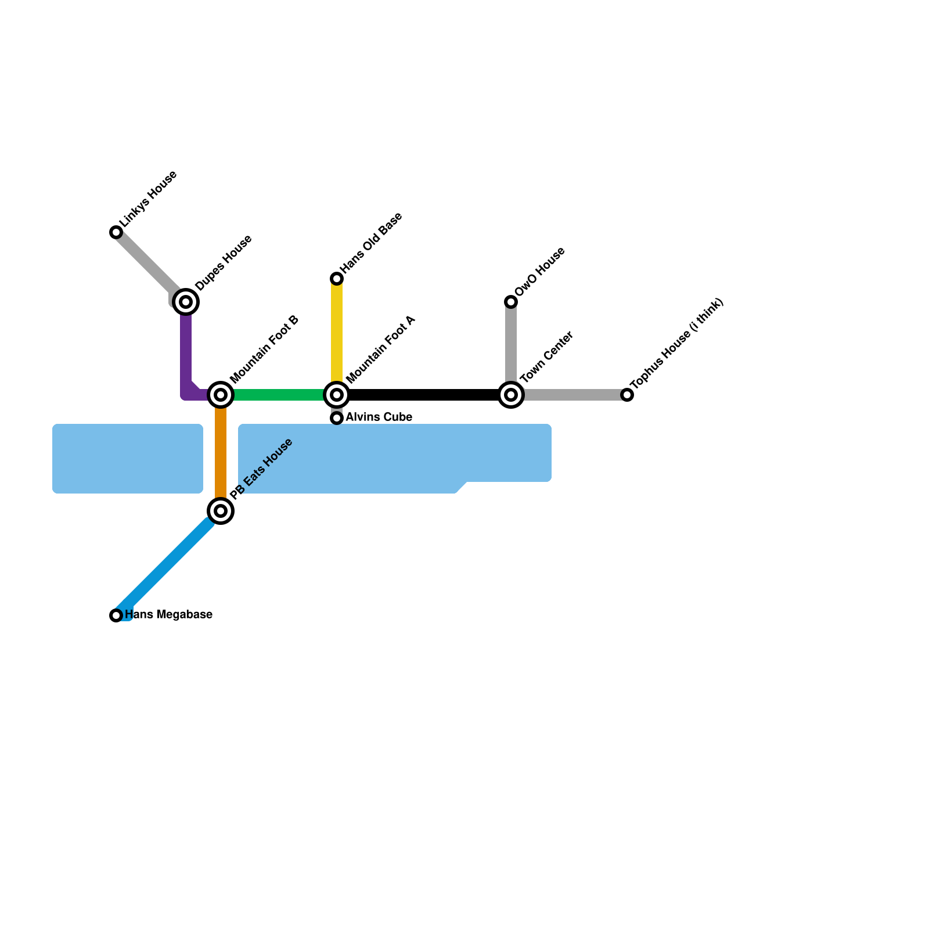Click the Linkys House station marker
[116, 232]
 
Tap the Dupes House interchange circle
[186, 301]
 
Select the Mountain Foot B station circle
[221, 395]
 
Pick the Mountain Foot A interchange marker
[337, 395]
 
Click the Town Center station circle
[511, 395]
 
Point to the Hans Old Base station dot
[337, 279]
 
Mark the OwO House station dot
[511, 301]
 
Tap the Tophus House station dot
[627, 395]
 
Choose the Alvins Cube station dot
[337, 418]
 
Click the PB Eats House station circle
[221, 511]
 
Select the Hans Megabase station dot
[116, 615]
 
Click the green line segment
[279, 395]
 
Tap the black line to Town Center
[424, 395]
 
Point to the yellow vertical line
[337, 331]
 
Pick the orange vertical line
[221, 453]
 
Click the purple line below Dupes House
[186, 348]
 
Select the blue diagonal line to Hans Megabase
[168, 563]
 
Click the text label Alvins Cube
[379, 417]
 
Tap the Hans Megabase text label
[168, 615]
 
